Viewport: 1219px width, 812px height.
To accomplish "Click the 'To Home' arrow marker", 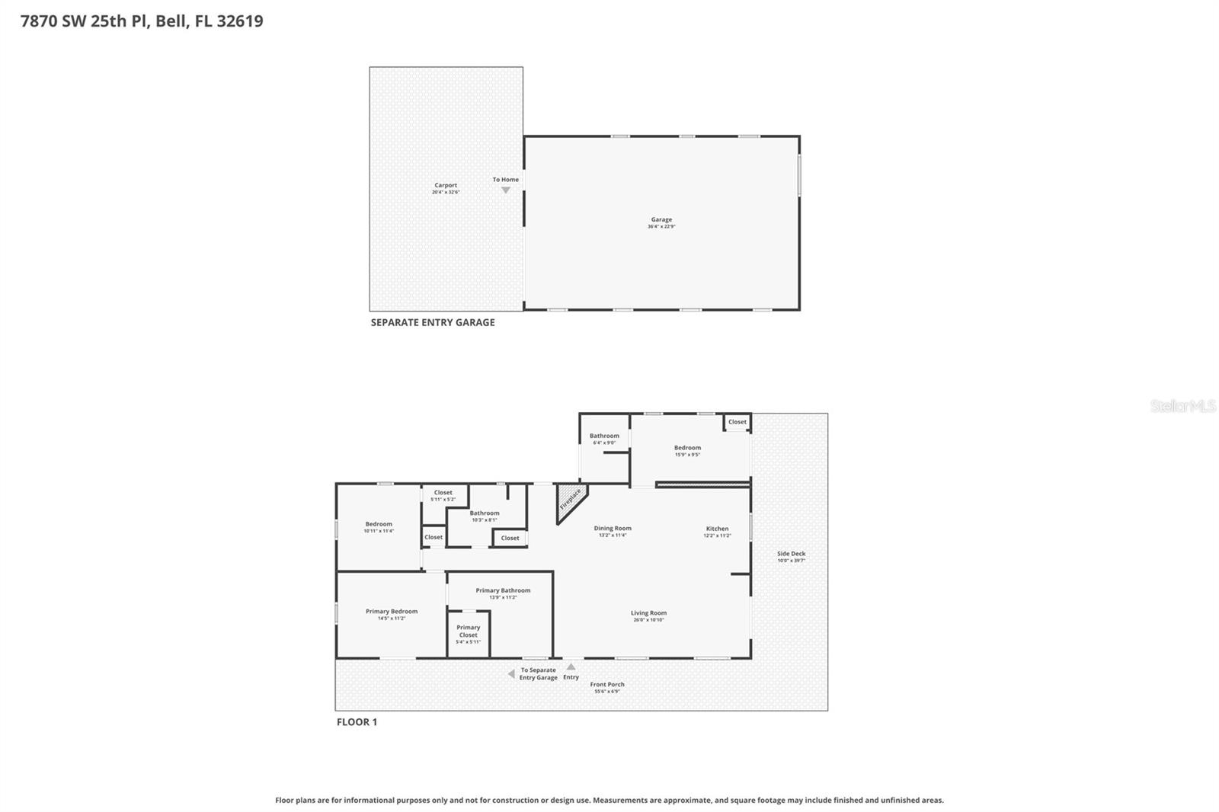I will [x=505, y=190].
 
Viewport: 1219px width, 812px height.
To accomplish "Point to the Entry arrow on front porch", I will [x=571, y=667].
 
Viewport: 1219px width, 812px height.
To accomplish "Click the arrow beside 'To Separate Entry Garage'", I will [x=511, y=674].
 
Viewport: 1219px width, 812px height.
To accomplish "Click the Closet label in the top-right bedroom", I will [x=737, y=422].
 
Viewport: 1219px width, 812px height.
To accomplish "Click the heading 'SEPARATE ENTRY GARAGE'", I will [x=433, y=322].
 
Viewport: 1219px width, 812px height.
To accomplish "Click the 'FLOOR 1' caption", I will [x=357, y=722].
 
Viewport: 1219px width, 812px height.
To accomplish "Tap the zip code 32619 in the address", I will [x=240, y=21].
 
